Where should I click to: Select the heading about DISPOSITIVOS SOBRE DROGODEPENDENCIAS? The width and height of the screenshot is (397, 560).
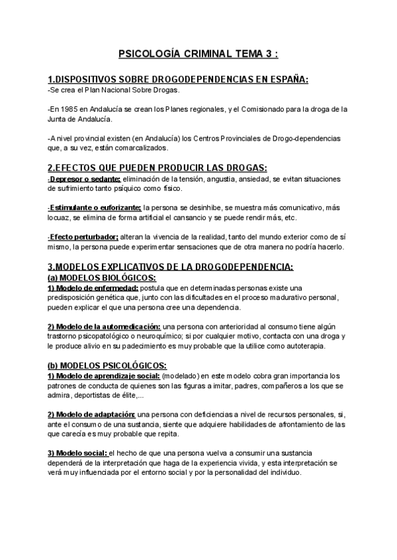coord(179,80)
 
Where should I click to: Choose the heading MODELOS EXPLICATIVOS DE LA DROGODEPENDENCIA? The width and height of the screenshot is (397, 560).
coord(170,267)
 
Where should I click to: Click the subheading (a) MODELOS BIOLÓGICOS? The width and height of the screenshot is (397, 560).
coord(102,277)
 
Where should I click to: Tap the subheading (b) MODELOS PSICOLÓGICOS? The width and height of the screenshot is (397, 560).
coord(105,365)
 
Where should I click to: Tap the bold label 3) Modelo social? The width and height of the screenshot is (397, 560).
coord(77,452)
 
